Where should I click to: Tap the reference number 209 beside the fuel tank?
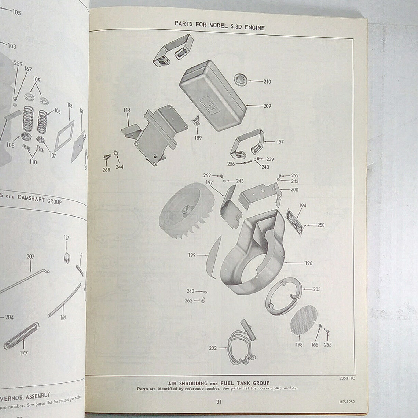click(267, 106)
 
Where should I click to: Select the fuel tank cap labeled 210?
click(240, 79)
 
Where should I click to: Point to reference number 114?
click(127, 110)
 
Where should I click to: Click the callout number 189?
click(198, 138)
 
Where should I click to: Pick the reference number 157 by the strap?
click(280, 141)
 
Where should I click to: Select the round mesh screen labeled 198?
click(304, 319)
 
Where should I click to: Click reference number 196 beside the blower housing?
click(308, 263)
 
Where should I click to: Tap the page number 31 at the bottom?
click(219, 402)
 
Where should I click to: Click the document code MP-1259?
click(347, 402)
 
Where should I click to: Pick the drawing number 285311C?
click(346, 379)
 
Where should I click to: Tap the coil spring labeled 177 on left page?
click(22, 336)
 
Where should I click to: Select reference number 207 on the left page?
click(30, 256)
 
